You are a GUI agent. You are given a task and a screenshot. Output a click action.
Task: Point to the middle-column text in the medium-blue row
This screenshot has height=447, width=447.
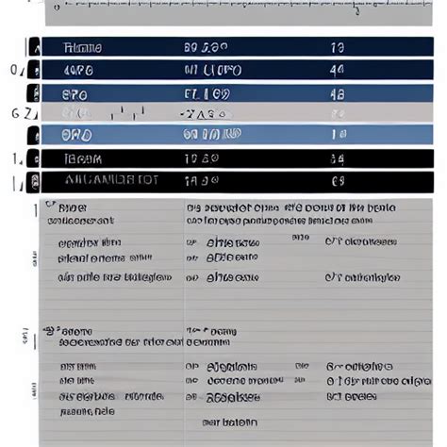pos(207,92)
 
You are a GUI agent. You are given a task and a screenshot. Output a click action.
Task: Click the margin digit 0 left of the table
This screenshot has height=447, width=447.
pos(14,70)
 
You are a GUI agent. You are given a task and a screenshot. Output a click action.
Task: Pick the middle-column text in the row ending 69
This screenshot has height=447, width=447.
pos(202,181)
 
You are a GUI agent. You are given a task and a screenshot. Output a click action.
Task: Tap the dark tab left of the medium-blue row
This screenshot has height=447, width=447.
pos(35,92)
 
